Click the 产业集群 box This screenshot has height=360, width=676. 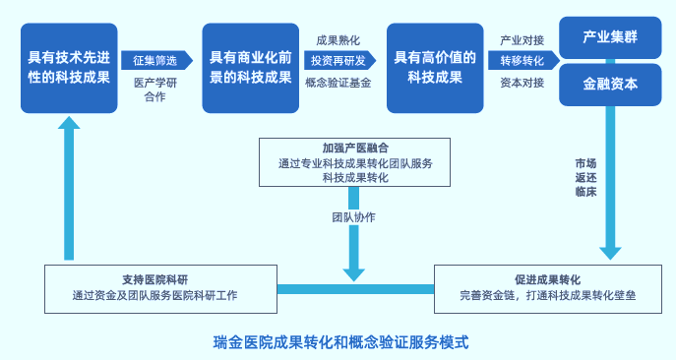(611, 37)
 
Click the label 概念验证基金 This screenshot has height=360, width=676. (338, 83)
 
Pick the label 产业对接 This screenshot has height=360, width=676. (522, 40)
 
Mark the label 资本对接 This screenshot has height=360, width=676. (522, 83)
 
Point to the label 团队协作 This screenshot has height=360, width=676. (353, 216)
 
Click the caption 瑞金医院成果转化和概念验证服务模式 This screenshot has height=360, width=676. (340, 343)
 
